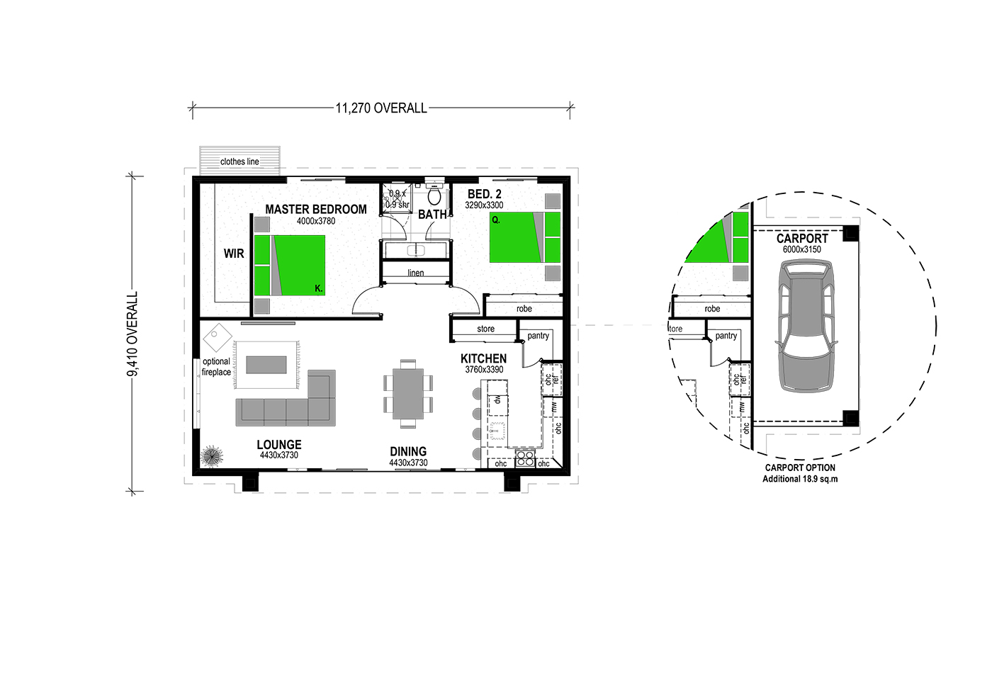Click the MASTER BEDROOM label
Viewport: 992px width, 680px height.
point(316,210)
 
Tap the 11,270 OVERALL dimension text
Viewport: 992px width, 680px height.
point(381,108)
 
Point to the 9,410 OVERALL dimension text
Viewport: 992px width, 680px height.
point(133,334)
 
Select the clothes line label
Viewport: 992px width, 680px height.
point(239,161)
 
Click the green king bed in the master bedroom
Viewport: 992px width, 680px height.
point(290,265)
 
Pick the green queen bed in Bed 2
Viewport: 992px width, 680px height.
point(525,237)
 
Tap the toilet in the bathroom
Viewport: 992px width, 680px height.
point(434,194)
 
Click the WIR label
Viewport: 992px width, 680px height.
point(234,254)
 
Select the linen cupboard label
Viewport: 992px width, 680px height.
point(416,273)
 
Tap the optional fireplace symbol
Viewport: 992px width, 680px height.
point(218,338)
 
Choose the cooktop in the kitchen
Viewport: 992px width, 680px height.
point(525,459)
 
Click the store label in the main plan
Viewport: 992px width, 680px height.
point(486,329)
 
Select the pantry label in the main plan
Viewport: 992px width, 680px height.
point(538,336)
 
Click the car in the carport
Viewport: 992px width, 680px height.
point(806,327)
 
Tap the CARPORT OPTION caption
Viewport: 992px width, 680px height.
point(800,467)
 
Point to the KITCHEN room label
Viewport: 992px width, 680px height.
point(483,358)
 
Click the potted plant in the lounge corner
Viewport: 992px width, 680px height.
point(212,456)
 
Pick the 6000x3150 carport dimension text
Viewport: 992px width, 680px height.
point(802,249)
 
